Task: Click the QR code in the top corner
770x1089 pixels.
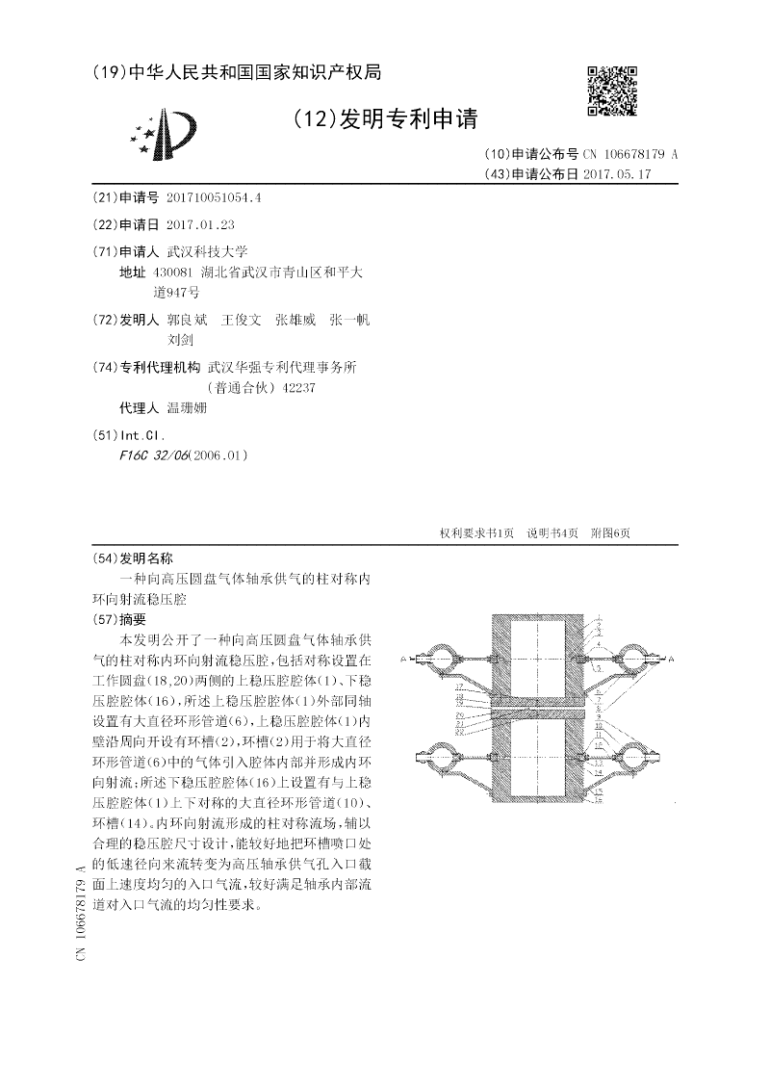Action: coord(612,91)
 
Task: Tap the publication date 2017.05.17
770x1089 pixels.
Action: coord(618,174)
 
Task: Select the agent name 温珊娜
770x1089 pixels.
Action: coord(187,407)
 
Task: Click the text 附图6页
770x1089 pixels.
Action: coord(610,533)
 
